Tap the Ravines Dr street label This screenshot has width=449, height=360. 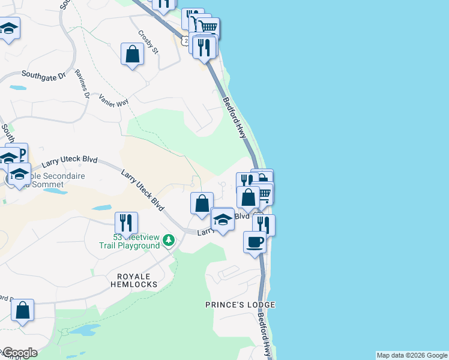(x=82, y=83)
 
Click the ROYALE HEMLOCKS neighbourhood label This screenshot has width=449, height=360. (x=133, y=280)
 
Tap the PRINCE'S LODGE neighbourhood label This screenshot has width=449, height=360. (x=240, y=305)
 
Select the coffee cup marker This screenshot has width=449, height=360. (x=255, y=242)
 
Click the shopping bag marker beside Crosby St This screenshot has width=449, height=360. (x=133, y=54)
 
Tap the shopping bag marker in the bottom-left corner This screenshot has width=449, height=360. (x=22, y=310)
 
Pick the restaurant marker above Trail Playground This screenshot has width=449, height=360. (x=126, y=223)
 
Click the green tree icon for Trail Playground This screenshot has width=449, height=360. (x=169, y=241)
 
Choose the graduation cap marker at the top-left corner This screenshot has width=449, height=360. (x=9, y=28)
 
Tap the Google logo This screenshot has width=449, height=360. (x=19, y=353)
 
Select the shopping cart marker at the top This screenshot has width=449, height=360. (x=208, y=27)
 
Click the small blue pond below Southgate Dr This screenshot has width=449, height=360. (x=17, y=88)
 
